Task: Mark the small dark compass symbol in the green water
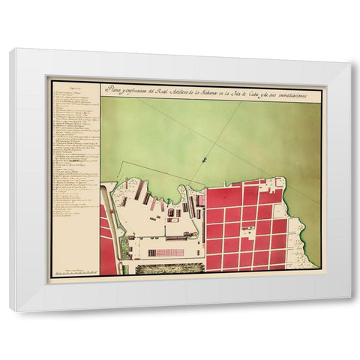point(204,159)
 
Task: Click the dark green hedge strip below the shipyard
point(169,268)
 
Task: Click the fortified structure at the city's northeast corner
point(279,182)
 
